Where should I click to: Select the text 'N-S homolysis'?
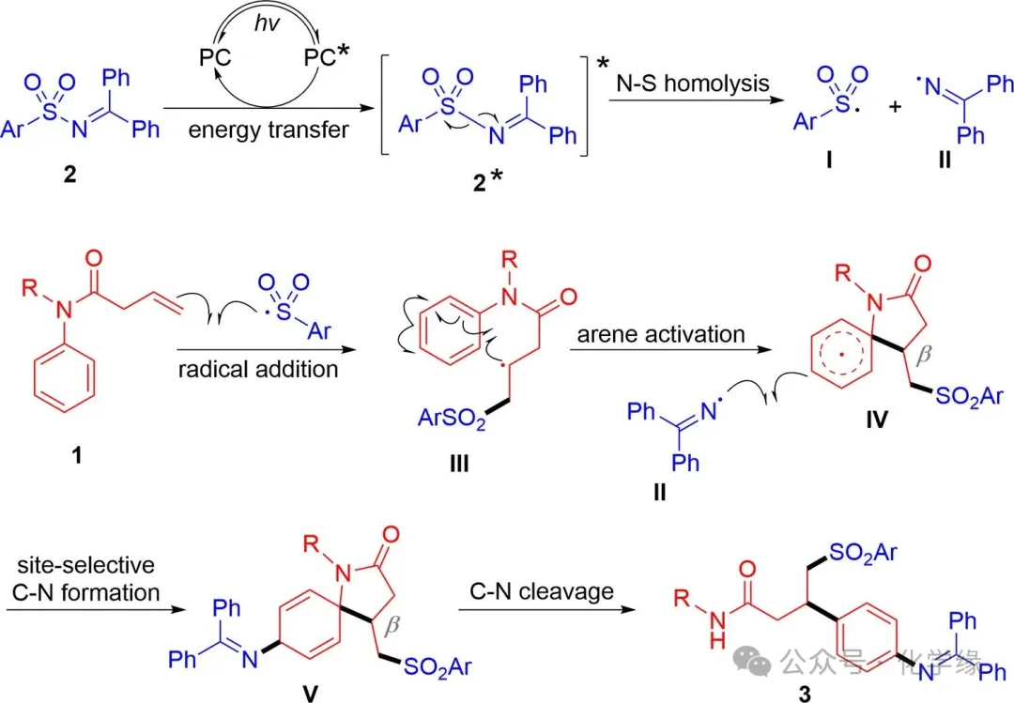click(693, 83)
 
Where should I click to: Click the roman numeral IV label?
click(877, 438)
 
